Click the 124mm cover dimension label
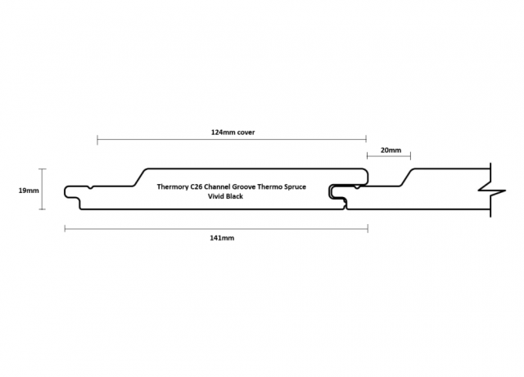233,132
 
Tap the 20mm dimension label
391,150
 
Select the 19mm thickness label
29,191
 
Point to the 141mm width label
222,238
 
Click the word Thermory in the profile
173,186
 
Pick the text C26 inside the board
196,186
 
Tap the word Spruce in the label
295,186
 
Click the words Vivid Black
225,196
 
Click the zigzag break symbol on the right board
492,191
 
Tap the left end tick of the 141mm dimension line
65,229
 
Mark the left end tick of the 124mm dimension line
97,140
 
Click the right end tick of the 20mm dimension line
410,155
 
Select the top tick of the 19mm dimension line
42,169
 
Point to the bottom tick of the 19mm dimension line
42,209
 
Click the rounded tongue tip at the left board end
65,191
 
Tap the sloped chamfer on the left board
140,177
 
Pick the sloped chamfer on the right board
407,177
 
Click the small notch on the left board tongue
91,187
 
